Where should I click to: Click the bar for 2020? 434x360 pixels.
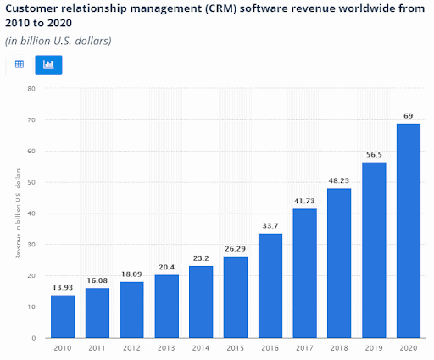(408, 230)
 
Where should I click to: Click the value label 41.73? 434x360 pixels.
(304, 200)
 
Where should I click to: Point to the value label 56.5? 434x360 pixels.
(374, 154)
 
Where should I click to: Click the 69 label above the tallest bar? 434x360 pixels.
(408, 115)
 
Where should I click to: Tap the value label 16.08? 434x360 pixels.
(97, 280)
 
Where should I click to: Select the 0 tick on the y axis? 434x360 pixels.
(32, 338)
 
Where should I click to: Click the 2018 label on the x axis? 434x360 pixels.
(339, 348)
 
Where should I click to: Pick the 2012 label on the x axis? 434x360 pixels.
(131, 348)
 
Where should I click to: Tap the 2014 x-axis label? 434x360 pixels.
(201, 348)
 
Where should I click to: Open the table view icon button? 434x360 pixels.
(19, 64)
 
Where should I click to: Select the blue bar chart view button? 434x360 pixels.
(47, 64)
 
